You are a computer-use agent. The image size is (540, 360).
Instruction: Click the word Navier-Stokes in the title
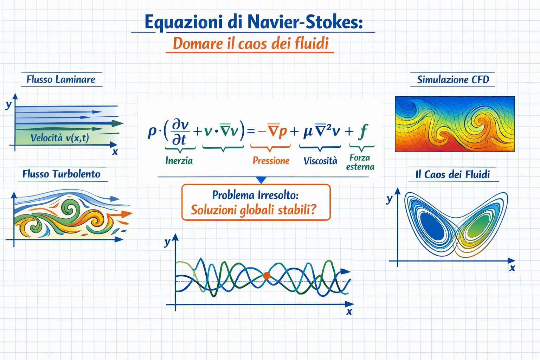pyautogui.click(x=305, y=22)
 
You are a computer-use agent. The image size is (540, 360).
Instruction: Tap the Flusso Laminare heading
pyautogui.click(x=61, y=79)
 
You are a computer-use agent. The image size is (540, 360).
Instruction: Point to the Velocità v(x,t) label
pyautogui.click(x=60, y=138)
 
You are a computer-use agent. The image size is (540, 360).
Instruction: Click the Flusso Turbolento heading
pyautogui.click(x=62, y=174)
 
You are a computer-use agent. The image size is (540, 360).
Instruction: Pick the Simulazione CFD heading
pyautogui.click(x=453, y=79)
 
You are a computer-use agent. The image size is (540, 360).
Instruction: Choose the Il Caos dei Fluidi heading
pyautogui.click(x=452, y=174)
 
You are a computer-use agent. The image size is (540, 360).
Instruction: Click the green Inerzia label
pyautogui.click(x=179, y=161)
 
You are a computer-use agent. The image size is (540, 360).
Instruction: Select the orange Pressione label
pyautogui.click(x=271, y=161)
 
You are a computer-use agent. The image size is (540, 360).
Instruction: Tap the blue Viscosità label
pyautogui.click(x=320, y=161)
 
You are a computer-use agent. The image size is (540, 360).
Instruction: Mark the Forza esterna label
pyautogui.click(x=360, y=162)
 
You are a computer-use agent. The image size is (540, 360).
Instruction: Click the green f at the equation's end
pyautogui.click(x=363, y=131)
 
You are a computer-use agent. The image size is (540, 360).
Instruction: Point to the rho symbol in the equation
pyautogui.click(x=152, y=133)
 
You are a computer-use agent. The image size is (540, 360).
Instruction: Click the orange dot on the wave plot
pyautogui.click(x=266, y=276)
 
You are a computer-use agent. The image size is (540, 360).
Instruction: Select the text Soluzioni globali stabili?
pyautogui.click(x=253, y=210)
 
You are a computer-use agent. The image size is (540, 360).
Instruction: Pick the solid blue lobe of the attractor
pyautogui.click(x=432, y=226)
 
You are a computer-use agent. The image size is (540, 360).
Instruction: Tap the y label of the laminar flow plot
pyautogui.click(x=9, y=105)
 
